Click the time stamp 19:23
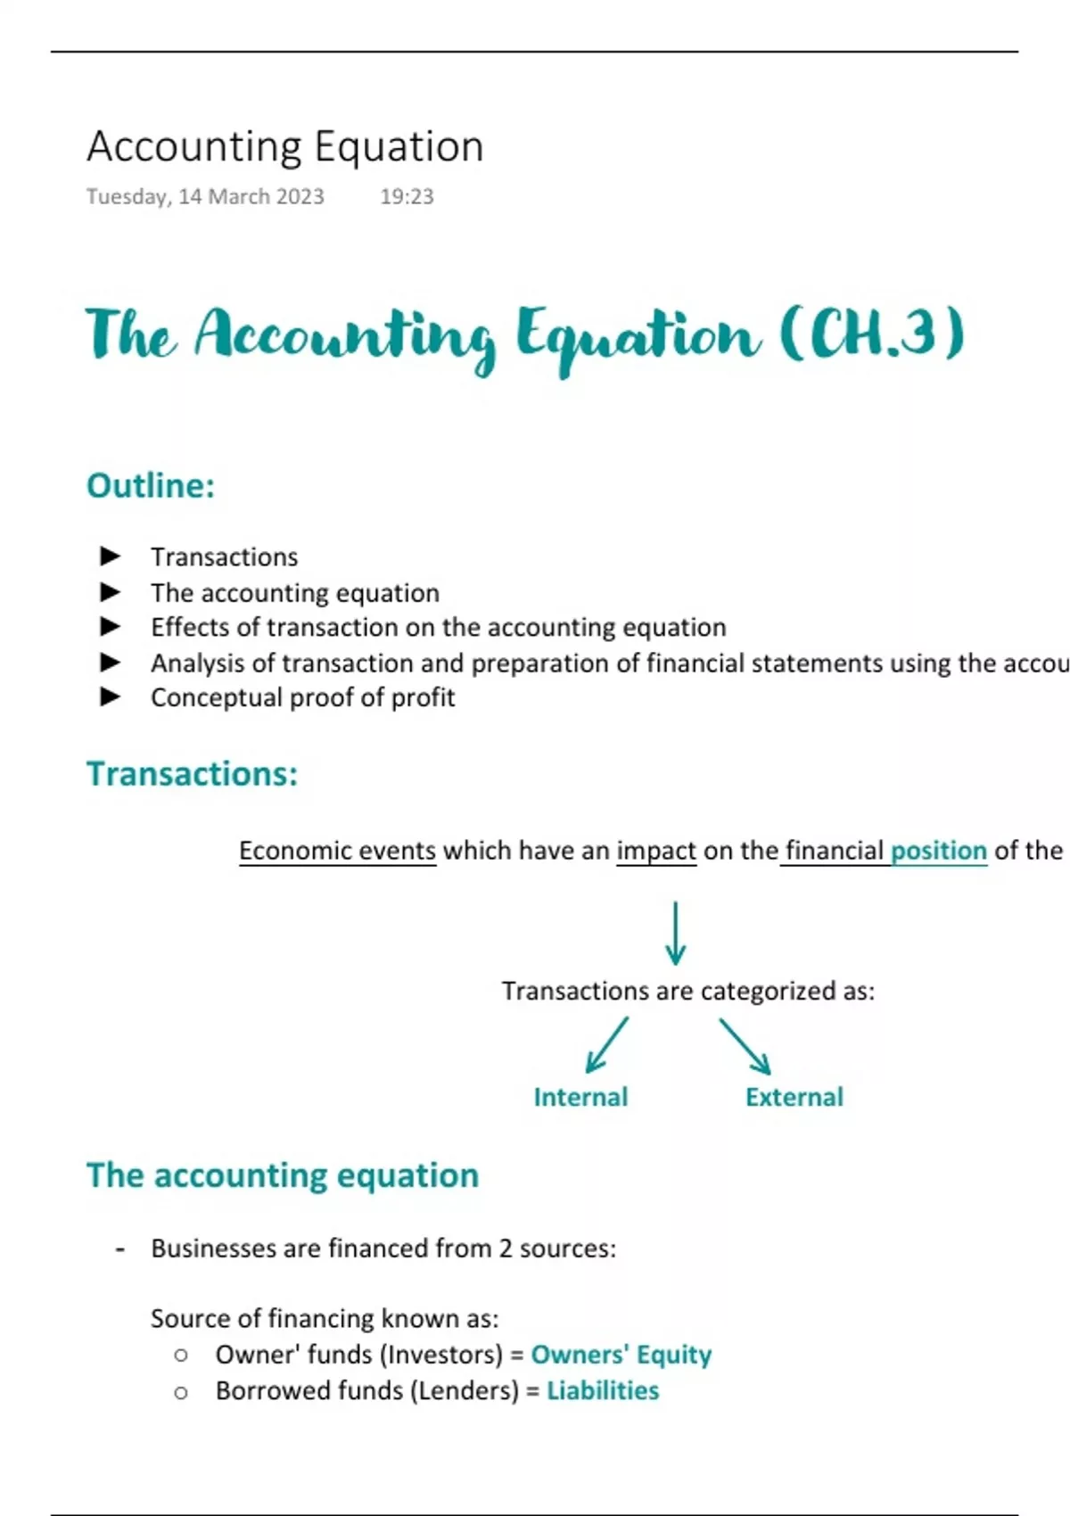(x=407, y=196)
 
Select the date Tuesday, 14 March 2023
(x=205, y=197)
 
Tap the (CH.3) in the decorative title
(x=872, y=334)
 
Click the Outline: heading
(x=151, y=485)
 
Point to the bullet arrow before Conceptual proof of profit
(x=110, y=696)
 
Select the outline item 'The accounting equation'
(x=295, y=593)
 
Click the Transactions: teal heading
(x=193, y=773)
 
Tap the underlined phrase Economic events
(x=338, y=851)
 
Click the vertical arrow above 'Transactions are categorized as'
(x=675, y=933)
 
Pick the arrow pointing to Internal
(x=607, y=1044)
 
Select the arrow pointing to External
(x=745, y=1046)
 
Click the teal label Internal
(x=580, y=1097)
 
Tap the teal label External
(x=794, y=1097)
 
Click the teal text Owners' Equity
(x=621, y=1355)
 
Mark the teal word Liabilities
(x=603, y=1390)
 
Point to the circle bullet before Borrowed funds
(x=181, y=1392)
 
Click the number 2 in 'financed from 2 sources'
(x=506, y=1248)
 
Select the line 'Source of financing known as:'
(x=325, y=1318)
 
